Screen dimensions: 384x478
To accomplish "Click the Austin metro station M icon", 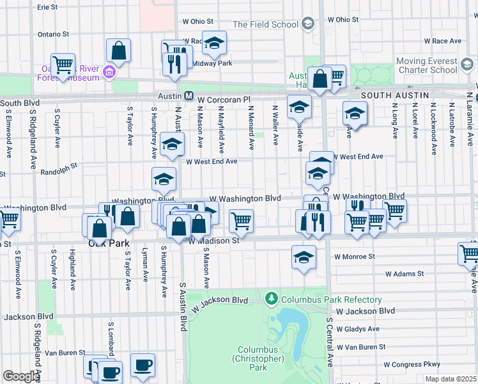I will point(189,96).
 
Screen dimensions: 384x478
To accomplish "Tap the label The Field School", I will point(265,24).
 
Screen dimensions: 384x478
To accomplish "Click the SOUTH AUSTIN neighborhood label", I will point(394,95).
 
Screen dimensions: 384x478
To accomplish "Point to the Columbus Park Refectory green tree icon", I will point(272,299).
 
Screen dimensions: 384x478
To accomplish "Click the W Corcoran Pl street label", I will point(224,100).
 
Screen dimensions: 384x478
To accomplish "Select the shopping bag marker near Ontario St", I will point(118,50).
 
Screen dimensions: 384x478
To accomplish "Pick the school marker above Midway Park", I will point(215,42).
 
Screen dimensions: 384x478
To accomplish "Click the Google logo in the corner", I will point(20,376).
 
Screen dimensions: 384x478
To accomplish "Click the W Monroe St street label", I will point(353,257).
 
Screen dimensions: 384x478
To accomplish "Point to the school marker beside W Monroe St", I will point(304,257).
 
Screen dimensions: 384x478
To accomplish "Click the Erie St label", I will point(47,7).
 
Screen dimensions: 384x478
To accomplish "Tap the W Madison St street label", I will point(213,241).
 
